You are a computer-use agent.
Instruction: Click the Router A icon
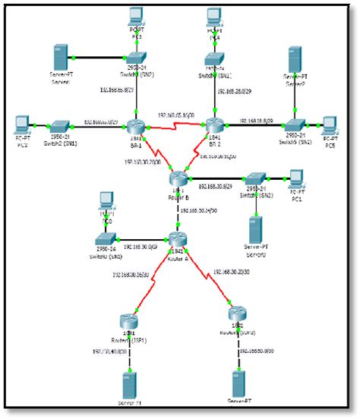coord(177,238)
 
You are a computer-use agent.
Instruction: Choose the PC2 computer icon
coord(21,124)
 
